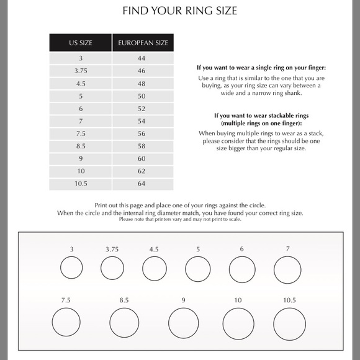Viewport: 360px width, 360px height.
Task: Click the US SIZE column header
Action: (x=81, y=43)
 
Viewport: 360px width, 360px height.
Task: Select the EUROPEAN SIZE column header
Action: (x=143, y=43)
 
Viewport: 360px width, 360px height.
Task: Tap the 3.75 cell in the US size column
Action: (x=81, y=71)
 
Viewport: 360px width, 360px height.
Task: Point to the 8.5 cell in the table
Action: (x=81, y=146)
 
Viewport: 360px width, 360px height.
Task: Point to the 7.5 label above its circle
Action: (x=66, y=300)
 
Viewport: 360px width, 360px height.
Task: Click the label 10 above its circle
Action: (x=238, y=300)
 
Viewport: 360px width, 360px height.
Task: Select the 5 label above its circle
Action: (x=198, y=250)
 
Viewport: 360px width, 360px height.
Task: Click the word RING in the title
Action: (x=199, y=11)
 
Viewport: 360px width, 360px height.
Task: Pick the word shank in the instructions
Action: (x=293, y=93)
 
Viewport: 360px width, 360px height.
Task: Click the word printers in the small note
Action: (x=163, y=219)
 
